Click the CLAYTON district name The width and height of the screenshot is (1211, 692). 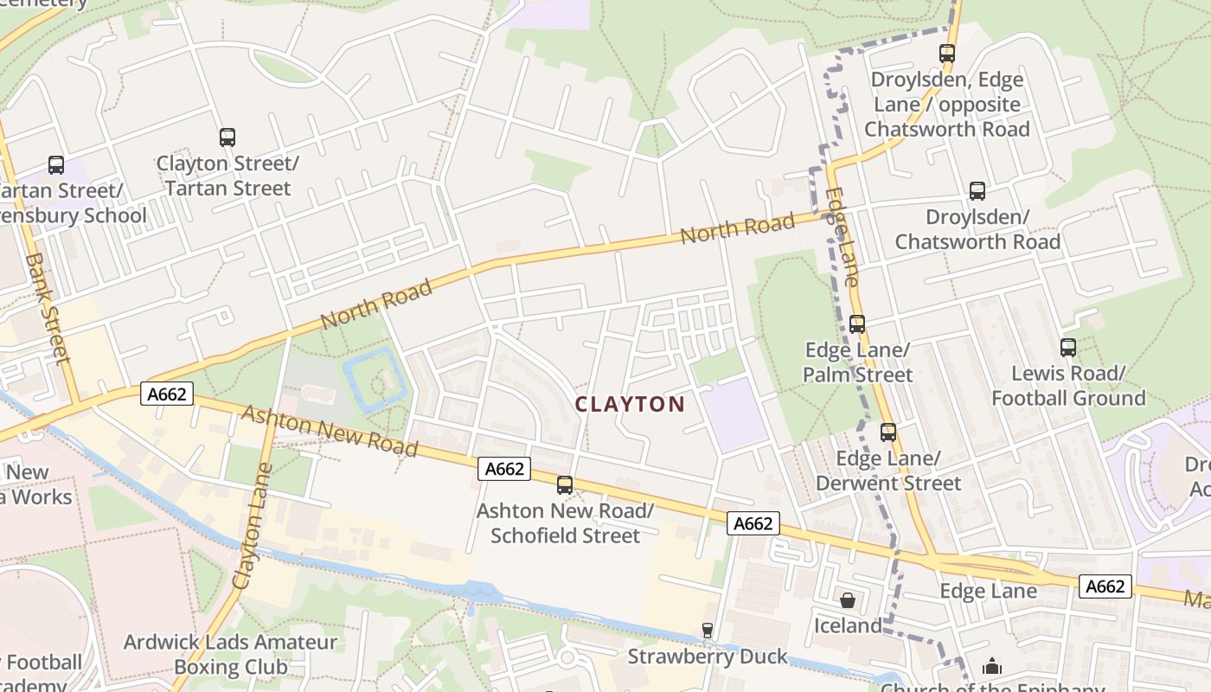(630, 404)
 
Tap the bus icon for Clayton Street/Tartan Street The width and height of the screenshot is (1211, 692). (227, 138)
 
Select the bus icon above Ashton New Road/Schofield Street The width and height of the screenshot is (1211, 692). (565, 485)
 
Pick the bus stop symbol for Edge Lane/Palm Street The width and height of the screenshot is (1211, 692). (857, 324)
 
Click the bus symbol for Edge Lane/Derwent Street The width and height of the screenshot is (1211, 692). (888, 432)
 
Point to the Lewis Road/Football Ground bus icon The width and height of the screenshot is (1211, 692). (1068, 348)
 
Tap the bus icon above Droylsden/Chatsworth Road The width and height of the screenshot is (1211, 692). (977, 191)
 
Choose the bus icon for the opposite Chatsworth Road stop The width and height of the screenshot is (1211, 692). (947, 54)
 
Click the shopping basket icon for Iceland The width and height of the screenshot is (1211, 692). (848, 599)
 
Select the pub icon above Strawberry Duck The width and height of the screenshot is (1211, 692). (708, 631)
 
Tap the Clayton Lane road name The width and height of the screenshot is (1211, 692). (253, 528)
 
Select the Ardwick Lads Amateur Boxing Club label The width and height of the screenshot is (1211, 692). (230, 655)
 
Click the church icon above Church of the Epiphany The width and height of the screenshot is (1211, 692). (992, 667)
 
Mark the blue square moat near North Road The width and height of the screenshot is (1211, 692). (375, 379)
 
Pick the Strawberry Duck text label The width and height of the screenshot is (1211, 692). (708, 657)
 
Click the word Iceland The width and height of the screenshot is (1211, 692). (848, 625)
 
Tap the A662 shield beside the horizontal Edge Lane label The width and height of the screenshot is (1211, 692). (1105, 586)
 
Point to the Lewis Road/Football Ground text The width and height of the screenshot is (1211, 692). (1068, 386)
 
